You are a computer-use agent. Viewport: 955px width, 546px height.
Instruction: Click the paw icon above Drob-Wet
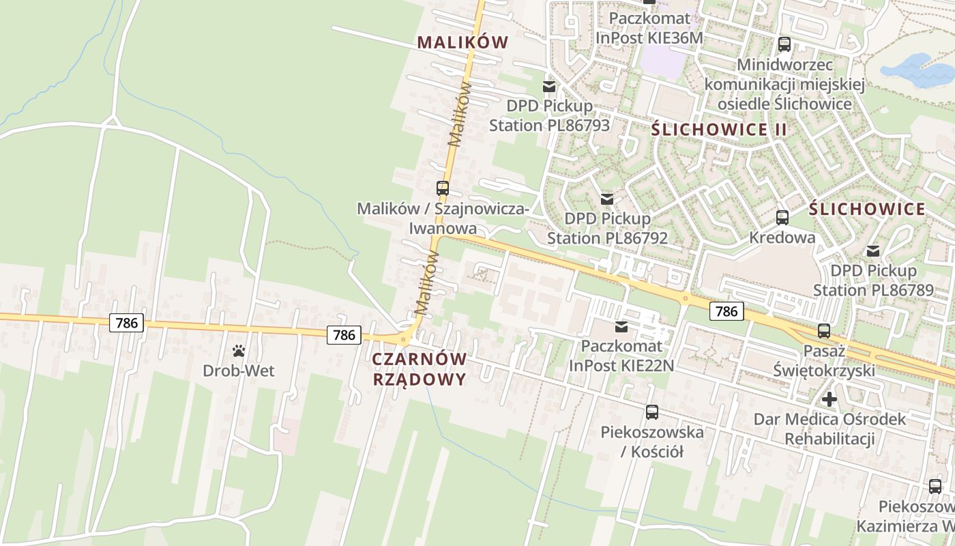(x=239, y=351)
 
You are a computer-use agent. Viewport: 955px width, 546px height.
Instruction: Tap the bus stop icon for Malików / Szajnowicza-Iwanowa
(x=443, y=188)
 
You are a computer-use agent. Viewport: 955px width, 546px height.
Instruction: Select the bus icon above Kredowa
(x=782, y=218)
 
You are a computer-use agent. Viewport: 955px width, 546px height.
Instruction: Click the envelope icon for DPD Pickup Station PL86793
(x=549, y=87)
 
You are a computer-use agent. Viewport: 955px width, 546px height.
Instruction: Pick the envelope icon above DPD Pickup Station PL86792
(x=607, y=199)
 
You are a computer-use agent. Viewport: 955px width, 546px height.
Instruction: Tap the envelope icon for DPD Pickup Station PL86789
(x=873, y=250)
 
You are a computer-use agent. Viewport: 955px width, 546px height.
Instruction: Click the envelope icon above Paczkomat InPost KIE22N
(x=621, y=327)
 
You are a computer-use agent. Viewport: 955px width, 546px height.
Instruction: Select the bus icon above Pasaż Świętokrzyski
(x=824, y=331)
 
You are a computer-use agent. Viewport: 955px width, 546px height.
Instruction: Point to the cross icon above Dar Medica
(x=829, y=399)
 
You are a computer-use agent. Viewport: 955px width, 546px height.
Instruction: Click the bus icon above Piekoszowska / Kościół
(x=652, y=412)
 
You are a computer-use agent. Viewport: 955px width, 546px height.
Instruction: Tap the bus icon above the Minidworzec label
(x=784, y=44)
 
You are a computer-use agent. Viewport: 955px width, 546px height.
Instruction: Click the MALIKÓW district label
(x=463, y=42)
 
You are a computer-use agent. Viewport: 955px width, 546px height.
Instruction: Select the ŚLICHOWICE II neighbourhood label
(x=719, y=130)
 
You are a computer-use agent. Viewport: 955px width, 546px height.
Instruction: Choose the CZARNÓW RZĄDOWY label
(x=420, y=369)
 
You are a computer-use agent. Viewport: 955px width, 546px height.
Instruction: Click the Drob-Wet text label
(x=239, y=371)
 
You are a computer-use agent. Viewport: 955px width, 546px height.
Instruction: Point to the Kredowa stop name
(x=782, y=238)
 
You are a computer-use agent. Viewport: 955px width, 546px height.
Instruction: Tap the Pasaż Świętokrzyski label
(x=824, y=361)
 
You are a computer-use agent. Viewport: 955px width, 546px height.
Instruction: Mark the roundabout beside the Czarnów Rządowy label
(x=404, y=339)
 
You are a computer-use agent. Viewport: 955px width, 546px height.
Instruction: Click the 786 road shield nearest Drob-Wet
(x=127, y=323)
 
